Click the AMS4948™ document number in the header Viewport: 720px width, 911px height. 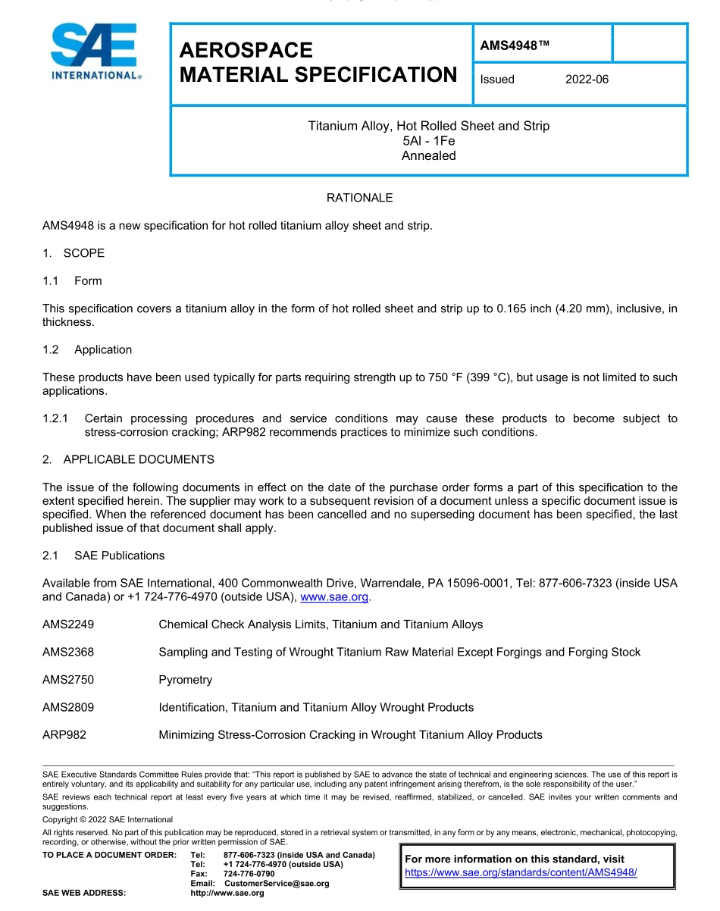tap(515, 45)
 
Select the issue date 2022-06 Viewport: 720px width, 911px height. tap(587, 80)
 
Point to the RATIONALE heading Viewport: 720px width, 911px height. tap(359, 198)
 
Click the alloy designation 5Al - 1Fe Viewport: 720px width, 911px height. tap(429, 141)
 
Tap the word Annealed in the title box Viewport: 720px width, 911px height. tap(429, 156)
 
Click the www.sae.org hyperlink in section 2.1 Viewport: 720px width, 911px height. tap(334, 597)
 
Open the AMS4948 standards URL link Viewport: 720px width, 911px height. tap(521, 872)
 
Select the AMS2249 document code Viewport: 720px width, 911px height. tap(68, 625)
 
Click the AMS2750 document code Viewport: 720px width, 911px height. tap(68, 680)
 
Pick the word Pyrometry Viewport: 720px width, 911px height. tap(185, 680)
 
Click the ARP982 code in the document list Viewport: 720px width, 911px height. tap(64, 734)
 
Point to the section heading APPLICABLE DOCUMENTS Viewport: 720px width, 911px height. tap(139, 459)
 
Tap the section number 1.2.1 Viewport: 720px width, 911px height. tap(55, 418)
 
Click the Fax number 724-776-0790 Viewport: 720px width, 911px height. tap(249, 874)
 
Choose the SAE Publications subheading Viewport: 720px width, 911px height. tap(119, 556)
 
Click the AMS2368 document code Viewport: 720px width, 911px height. tap(68, 652)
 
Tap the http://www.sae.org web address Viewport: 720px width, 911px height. tap(227, 893)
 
